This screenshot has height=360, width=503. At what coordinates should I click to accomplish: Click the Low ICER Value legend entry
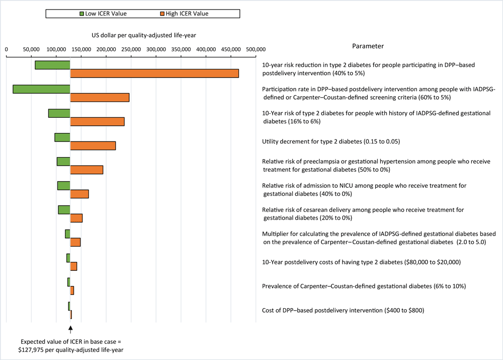pos(105,14)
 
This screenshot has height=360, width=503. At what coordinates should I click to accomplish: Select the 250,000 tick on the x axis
pos(131,49)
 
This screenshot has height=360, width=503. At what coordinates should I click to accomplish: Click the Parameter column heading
pos(368,46)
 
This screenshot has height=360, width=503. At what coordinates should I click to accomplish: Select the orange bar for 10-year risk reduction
pos(154,74)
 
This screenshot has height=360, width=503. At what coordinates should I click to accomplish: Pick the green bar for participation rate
pos(41,89)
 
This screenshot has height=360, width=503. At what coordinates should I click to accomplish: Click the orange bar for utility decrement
pos(93,146)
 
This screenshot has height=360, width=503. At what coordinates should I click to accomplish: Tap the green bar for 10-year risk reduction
pos(52,65)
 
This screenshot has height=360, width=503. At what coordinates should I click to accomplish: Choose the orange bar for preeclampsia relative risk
pos(87,170)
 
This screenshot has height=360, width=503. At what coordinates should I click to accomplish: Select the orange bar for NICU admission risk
pos(79,194)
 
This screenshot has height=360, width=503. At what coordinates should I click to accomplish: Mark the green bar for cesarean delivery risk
pos(64,209)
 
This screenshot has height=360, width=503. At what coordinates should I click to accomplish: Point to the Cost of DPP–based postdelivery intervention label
pos(343,311)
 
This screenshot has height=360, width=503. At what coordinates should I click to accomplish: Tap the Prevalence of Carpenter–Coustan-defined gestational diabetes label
pos(364,286)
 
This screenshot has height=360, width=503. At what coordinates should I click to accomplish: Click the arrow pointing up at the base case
pos(70,329)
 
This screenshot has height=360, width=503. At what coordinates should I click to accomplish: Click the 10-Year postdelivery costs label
pos(362,262)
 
